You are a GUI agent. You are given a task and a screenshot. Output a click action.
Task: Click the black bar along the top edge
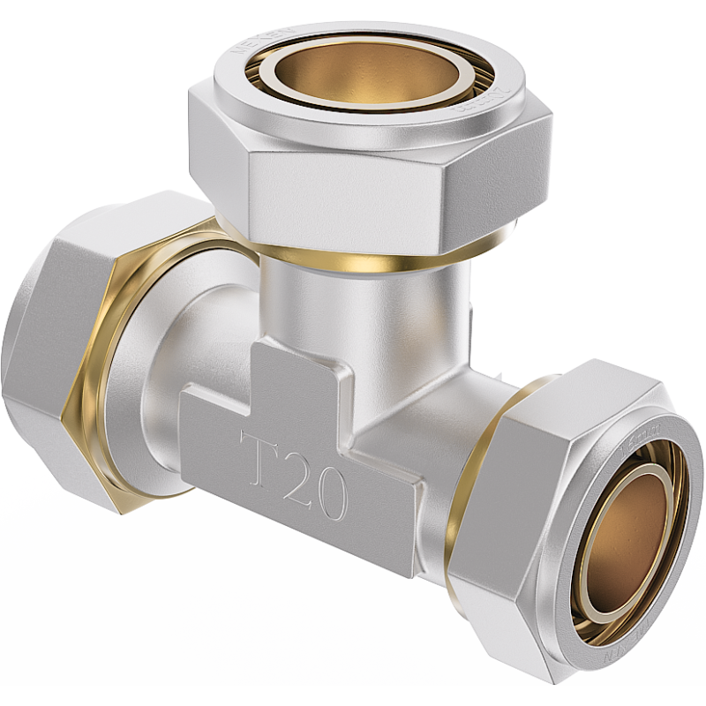353,9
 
